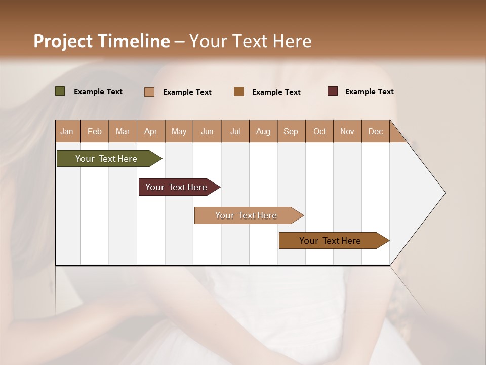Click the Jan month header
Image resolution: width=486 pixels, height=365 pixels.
[x=67, y=131]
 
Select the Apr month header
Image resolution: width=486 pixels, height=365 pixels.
[x=150, y=131]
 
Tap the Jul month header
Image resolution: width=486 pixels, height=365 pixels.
[x=235, y=131]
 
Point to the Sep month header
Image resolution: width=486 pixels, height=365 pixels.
[x=291, y=131]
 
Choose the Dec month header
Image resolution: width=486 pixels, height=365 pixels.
[x=375, y=131]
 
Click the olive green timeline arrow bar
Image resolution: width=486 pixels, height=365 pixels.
[x=107, y=159]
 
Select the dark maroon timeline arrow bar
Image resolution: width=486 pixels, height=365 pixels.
[x=177, y=187]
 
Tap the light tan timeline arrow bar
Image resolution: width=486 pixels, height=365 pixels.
[x=247, y=215]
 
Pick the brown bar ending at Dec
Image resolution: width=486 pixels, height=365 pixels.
[x=331, y=241]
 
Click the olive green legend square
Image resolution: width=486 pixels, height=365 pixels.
[x=60, y=91]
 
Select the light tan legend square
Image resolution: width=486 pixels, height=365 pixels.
[x=149, y=92]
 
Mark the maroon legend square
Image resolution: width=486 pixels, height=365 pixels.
[x=333, y=91]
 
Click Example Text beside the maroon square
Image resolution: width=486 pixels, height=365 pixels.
[x=369, y=92]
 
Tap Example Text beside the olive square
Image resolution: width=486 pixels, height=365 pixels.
[x=98, y=92]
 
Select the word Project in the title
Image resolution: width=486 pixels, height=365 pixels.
[x=63, y=42]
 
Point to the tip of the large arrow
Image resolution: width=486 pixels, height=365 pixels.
[x=444, y=193]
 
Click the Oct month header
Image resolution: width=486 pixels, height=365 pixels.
[x=319, y=131]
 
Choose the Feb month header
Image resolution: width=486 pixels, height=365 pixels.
[x=95, y=131]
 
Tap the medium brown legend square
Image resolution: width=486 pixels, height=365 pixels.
[x=239, y=92]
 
